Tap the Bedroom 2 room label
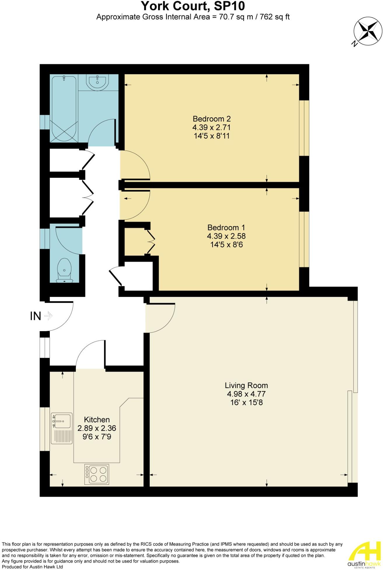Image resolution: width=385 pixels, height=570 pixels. point(211,119)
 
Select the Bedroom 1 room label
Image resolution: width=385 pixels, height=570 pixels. point(226,227)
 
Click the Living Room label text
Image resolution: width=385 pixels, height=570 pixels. point(246,385)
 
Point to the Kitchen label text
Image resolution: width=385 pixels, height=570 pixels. point(97,420)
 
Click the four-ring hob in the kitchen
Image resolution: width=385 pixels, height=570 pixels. point(97,474)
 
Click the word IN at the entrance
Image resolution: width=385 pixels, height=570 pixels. point(36,316)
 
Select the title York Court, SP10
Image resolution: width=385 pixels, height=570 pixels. point(193,6)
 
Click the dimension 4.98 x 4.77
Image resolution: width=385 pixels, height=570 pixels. point(246,394)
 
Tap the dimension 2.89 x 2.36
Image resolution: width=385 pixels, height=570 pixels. point(97,428)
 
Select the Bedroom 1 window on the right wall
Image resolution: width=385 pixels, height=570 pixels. point(304,239)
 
